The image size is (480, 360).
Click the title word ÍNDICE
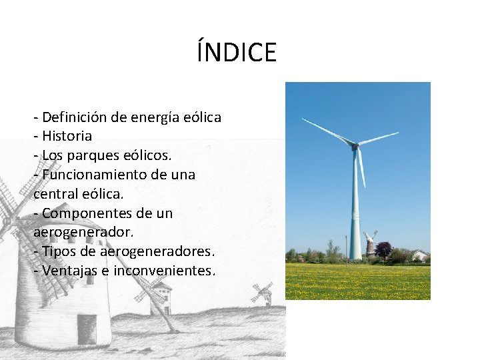pos(237,52)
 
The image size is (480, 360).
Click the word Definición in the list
pos(74,117)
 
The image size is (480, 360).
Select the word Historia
pos(67,137)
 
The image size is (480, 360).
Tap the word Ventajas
pos(69,271)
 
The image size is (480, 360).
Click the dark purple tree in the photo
pos(384,250)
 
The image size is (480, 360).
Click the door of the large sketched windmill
pos(86,328)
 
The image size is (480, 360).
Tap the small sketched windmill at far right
pos(262,293)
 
